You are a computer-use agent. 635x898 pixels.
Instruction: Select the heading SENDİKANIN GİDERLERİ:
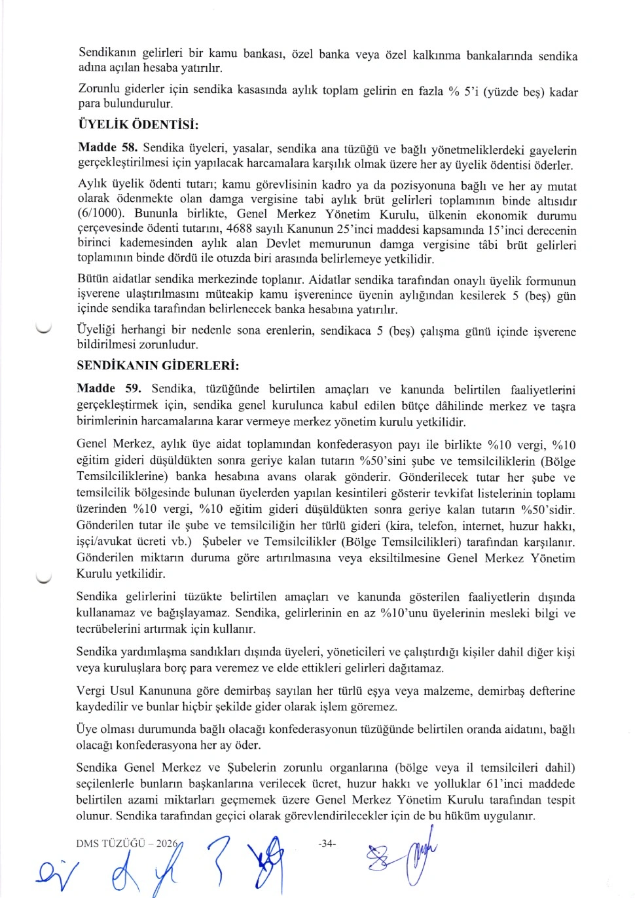(158, 365)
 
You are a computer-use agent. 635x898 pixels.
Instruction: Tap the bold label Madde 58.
(107, 147)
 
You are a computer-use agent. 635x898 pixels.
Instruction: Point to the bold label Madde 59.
(109, 388)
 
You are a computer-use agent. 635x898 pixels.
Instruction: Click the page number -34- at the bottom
(327, 844)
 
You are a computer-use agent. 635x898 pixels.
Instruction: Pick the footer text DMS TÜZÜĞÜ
(110, 844)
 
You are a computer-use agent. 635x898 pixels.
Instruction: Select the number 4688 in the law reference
(241, 229)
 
